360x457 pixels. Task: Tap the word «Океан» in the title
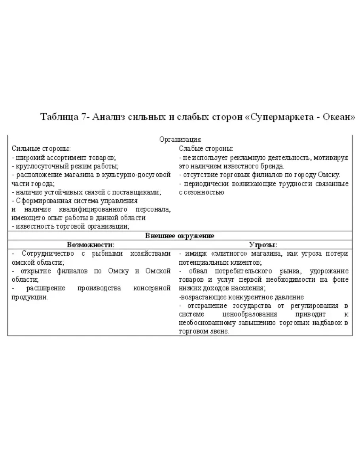339,117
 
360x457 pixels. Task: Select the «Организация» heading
180,139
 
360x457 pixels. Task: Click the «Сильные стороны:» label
41,149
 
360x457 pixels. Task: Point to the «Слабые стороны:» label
206,149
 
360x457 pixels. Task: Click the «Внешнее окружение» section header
180,236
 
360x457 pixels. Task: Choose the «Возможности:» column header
91,245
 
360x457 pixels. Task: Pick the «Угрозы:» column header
263,245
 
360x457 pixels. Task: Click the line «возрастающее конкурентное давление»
241,297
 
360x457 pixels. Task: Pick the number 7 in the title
84,117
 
